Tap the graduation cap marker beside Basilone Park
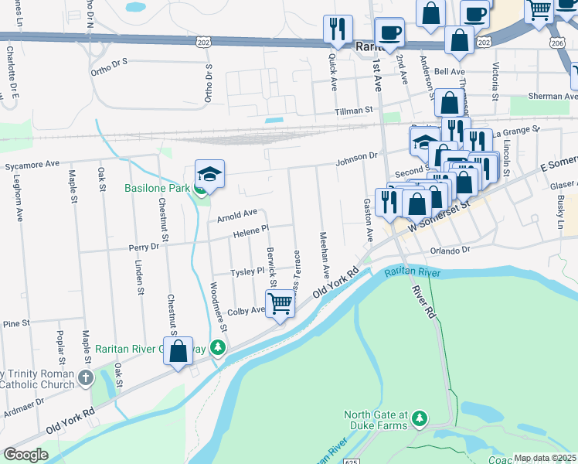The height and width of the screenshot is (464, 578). [x=209, y=176]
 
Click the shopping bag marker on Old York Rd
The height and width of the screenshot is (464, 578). [x=178, y=351]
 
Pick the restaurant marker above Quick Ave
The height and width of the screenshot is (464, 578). [x=338, y=29]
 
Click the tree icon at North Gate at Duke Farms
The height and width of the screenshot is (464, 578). [x=419, y=418]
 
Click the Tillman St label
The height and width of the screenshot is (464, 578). [x=354, y=111]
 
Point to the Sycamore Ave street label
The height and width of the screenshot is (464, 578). [x=32, y=165]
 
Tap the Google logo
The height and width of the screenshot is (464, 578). [x=25, y=455]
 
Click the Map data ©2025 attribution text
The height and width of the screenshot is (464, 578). [x=545, y=458]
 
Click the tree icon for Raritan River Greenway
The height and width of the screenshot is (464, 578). [x=219, y=349]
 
